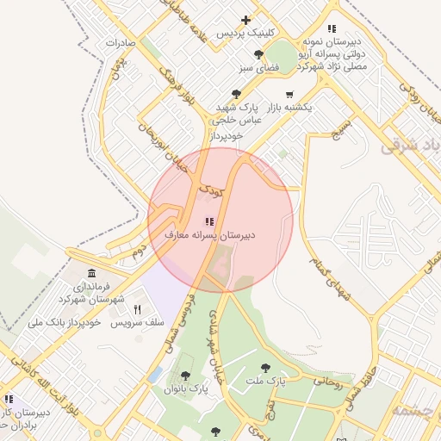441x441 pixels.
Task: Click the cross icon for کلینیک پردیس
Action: (x=246, y=20)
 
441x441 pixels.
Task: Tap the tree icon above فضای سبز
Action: (x=258, y=54)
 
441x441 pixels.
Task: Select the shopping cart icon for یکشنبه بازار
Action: (x=289, y=95)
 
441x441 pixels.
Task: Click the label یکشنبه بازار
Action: (x=289, y=108)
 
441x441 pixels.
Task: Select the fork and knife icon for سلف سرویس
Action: (x=136, y=309)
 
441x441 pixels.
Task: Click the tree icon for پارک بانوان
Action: (x=185, y=376)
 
